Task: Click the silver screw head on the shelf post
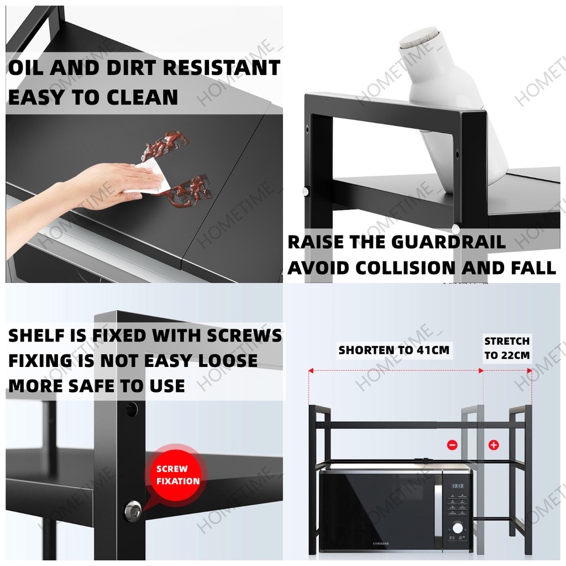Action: [x=133, y=510]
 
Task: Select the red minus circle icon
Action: [x=452, y=445]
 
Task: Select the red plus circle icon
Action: [x=494, y=445]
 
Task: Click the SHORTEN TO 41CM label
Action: [x=394, y=350]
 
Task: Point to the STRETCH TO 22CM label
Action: [x=507, y=348]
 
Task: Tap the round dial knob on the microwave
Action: [x=458, y=528]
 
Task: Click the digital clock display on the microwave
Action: [x=458, y=486]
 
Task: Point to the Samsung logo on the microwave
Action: [x=380, y=544]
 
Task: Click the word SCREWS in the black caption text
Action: [x=244, y=336]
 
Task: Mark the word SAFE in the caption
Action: [x=92, y=386]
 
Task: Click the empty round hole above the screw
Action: [x=132, y=409]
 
